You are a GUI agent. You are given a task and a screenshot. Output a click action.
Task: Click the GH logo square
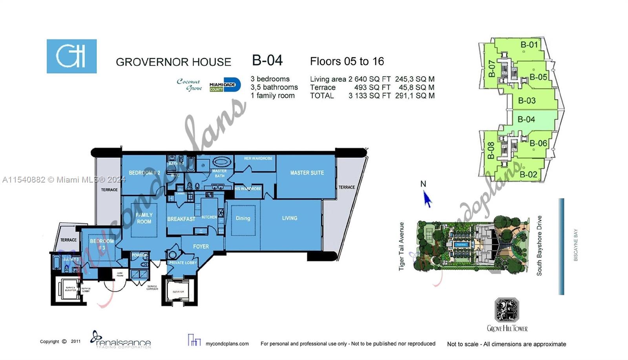(71, 56)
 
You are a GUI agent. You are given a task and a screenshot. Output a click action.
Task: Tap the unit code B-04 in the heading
(267, 60)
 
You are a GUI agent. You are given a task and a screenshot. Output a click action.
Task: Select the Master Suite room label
(307, 173)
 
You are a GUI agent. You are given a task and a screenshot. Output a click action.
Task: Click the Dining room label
(243, 218)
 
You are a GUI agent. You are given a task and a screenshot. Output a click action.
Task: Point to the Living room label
(289, 218)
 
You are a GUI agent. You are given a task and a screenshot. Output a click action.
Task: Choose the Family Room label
(144, 218)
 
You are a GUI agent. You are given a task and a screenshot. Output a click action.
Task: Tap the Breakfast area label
(181, 219)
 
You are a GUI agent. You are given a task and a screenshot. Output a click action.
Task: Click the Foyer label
(201, 247)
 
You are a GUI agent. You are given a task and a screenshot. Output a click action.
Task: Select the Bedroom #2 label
(144, 173)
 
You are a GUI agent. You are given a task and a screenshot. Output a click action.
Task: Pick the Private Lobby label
(183, 263)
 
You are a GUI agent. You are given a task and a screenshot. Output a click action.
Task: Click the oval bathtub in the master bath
(222, 162)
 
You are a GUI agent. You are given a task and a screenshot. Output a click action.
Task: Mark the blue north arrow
(427, 199)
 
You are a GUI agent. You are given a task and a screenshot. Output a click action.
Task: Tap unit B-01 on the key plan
(529, 45)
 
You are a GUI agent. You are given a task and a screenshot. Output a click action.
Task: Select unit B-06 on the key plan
(538, 143)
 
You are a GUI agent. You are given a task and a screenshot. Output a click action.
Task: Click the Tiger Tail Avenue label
(402, 247)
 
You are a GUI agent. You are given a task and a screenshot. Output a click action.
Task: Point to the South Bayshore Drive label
(539, 246)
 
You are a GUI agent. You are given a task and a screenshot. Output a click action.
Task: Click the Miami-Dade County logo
(225, 85)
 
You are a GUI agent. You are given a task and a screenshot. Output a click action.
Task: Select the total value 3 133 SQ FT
(369, 96)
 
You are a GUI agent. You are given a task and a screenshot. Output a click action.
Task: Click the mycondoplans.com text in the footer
(227, 344)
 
